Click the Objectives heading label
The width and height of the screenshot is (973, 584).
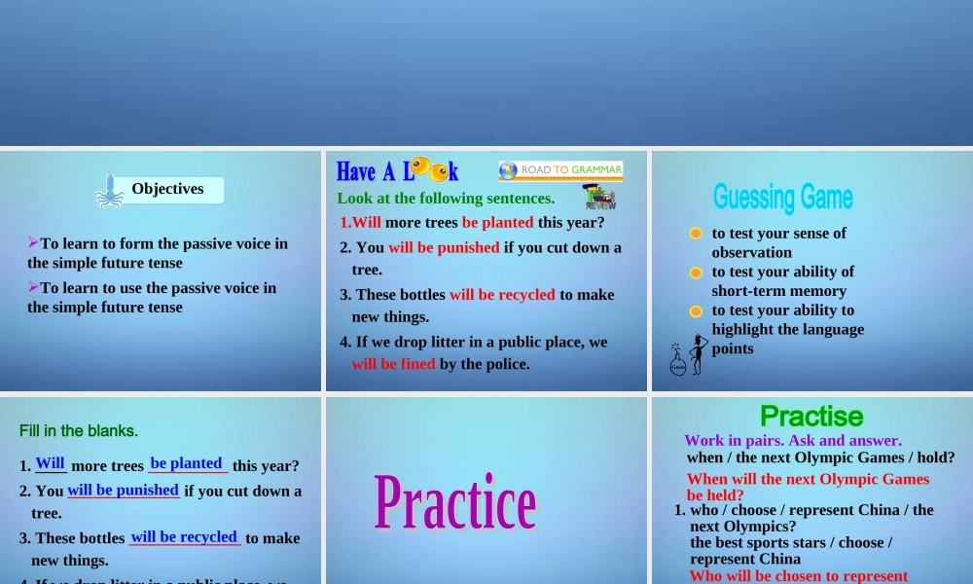167,189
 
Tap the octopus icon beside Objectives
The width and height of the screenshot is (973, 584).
110,192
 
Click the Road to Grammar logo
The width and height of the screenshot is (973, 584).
560,170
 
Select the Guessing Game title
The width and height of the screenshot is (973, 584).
782,198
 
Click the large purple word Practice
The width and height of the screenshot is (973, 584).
455,502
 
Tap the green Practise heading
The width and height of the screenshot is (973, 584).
811,417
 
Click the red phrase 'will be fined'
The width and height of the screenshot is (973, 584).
393,364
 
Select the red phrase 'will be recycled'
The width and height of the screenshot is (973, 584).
502,294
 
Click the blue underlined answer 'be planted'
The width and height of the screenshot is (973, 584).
186,463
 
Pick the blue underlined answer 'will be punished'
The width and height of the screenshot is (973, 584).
123,490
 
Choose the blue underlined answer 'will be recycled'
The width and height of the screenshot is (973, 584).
184,536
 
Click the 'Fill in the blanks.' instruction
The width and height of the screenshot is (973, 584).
79,430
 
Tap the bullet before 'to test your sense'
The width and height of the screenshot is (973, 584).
696,234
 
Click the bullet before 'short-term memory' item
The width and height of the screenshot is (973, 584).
696,273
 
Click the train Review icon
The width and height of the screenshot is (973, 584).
599,198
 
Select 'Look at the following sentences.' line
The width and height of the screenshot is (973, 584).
446,199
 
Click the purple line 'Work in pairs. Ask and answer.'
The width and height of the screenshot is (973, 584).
793,441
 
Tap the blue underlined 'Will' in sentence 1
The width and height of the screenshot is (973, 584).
50,463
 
